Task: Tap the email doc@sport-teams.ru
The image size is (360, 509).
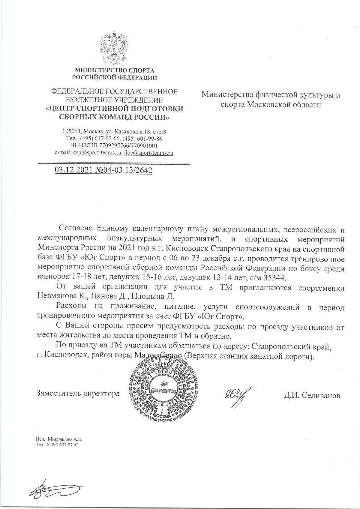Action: (149, 153)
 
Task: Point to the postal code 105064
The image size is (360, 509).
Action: (72, 131)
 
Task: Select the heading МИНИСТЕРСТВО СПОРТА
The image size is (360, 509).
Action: (114, 71)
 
